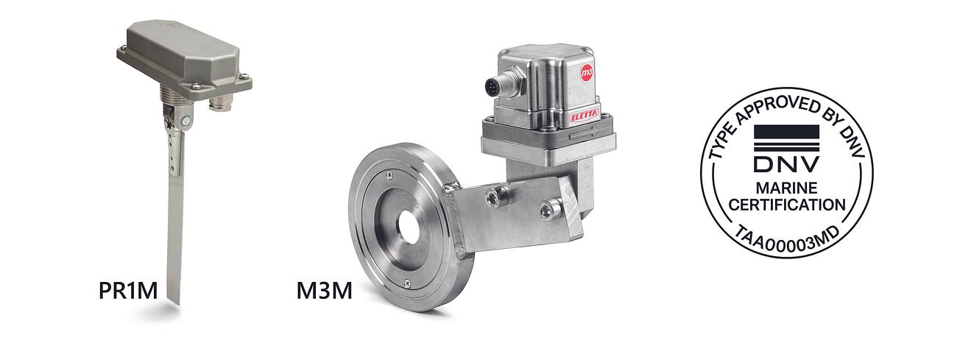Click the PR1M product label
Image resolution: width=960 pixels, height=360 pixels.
128,291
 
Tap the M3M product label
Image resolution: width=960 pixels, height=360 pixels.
325,291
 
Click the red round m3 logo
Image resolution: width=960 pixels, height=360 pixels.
586,74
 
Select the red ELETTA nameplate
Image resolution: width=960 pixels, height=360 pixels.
584,116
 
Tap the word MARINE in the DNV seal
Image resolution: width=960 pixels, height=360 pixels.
786,188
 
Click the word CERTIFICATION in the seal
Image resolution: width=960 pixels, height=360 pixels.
787,205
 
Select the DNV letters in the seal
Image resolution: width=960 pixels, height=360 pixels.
786,164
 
